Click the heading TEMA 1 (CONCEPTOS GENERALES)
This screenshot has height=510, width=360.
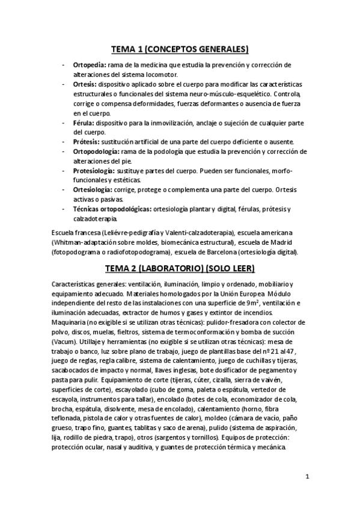pos(180,49)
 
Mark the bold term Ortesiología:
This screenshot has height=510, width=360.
pos(94,189)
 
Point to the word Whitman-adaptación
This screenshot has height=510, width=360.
pos(81,242)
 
